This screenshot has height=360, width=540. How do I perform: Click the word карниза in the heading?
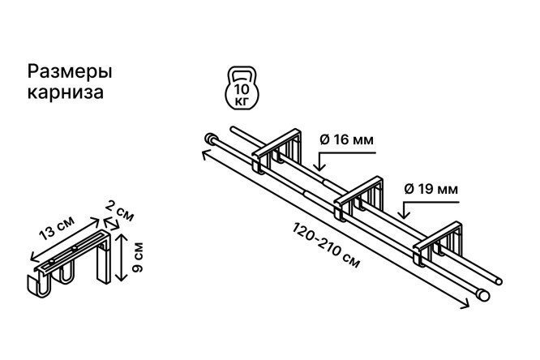pos(66,92)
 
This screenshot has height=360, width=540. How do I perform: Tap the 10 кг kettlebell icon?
pos(242,88)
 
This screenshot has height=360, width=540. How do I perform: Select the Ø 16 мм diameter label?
pos(346,140)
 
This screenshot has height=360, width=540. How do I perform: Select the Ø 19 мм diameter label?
pos(431,189)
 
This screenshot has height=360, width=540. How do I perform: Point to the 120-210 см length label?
pos(327,245)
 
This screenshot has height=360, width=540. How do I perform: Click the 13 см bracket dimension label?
pos(57,228)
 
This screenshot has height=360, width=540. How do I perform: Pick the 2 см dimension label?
pos(119,211)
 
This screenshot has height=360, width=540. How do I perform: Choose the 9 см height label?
pos(137,258)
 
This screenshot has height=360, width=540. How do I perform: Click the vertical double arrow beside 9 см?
pos(121,257)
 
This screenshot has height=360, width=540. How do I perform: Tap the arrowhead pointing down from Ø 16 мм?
pos(320,166)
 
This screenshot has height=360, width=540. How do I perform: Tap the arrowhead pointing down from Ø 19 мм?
pos(404,214)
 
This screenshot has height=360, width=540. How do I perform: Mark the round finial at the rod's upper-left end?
pos(209,139)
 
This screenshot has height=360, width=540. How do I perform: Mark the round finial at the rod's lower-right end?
pos(484,296)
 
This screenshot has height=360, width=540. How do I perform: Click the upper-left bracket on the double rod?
pos(276,151)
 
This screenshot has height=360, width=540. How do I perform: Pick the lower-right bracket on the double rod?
pos(438,243)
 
